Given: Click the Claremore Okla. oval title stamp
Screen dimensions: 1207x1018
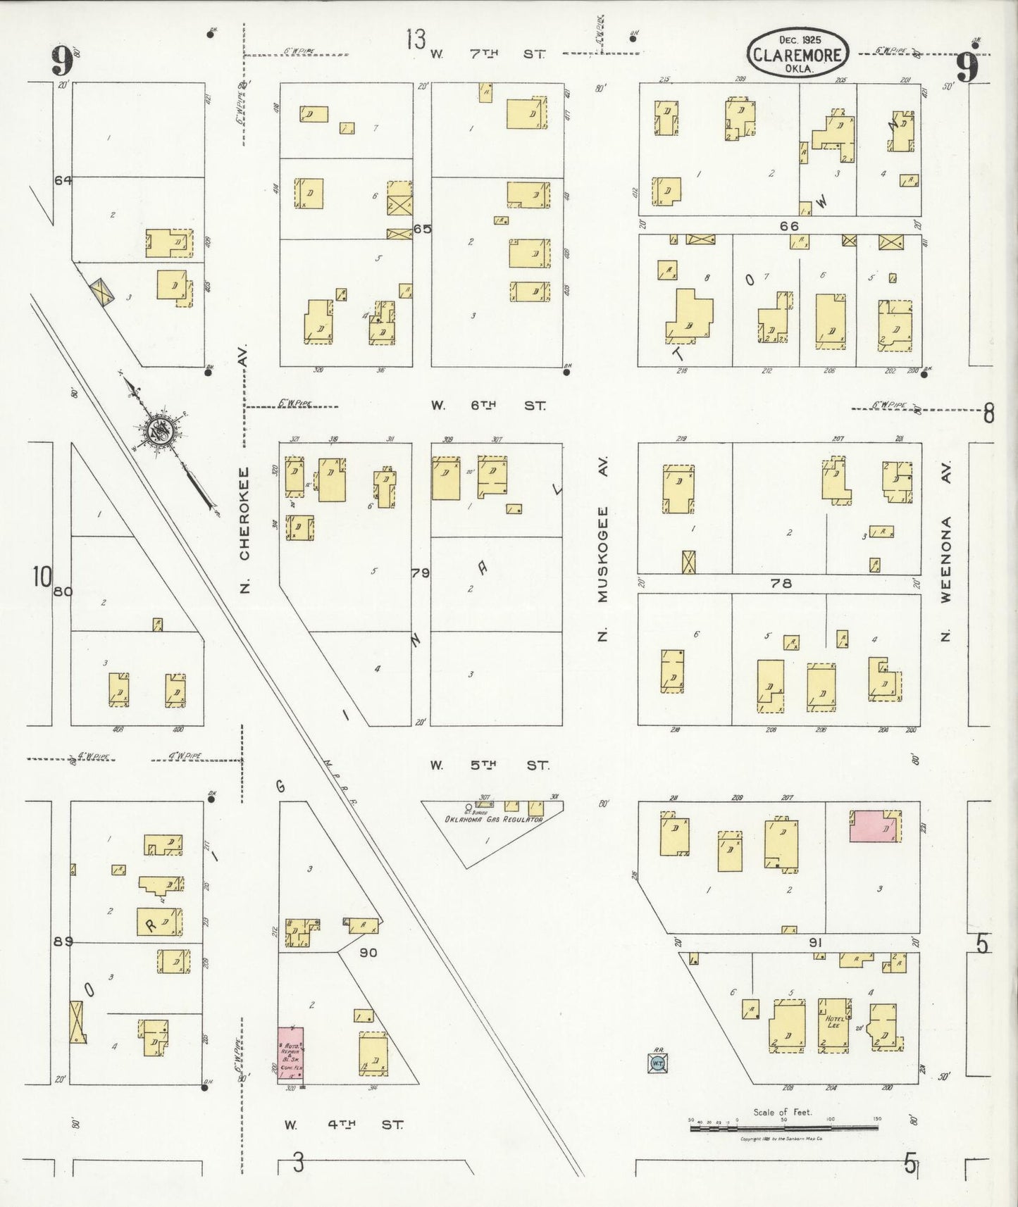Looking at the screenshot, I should [x=797, y=54].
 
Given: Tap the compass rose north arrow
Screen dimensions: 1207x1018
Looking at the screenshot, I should [x=163, y=429].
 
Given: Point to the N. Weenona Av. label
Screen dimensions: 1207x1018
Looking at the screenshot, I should [x=946, y=551].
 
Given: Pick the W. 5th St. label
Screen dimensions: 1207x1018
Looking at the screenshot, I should [x=489, y=765].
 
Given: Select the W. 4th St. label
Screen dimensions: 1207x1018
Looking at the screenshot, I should [x=344, y=1125].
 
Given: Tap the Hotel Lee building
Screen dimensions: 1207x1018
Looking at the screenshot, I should [x=834, y=1025].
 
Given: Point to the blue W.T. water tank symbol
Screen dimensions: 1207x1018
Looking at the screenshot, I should [x=657, y=1063].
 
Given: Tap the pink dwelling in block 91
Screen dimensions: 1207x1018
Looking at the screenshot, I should [x=874, y=825].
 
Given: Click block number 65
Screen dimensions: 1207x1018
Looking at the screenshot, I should [x=422, y=229].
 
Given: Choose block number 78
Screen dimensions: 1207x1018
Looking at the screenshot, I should [x=781, y=583].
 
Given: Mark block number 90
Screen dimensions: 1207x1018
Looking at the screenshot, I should [x=368, y=952].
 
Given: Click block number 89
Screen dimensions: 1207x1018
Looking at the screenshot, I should [x=63, y=941].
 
